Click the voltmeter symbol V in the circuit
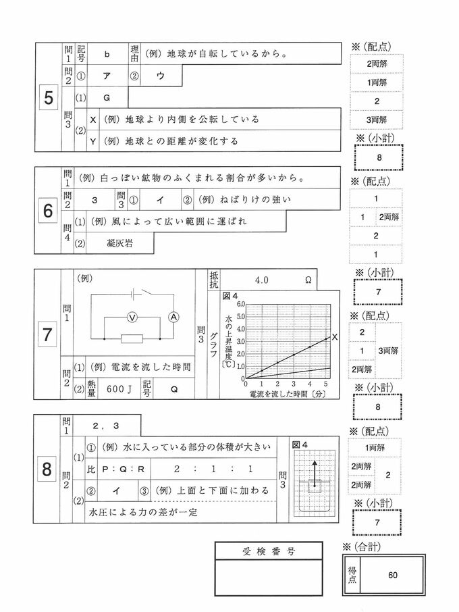[133, 316]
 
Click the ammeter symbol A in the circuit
[173, 316]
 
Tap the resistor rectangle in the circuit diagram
[132, 338]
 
